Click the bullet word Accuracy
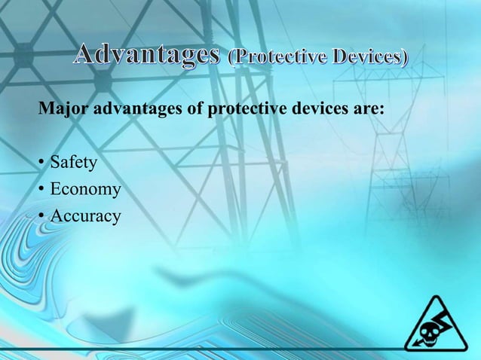[85, 216]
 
